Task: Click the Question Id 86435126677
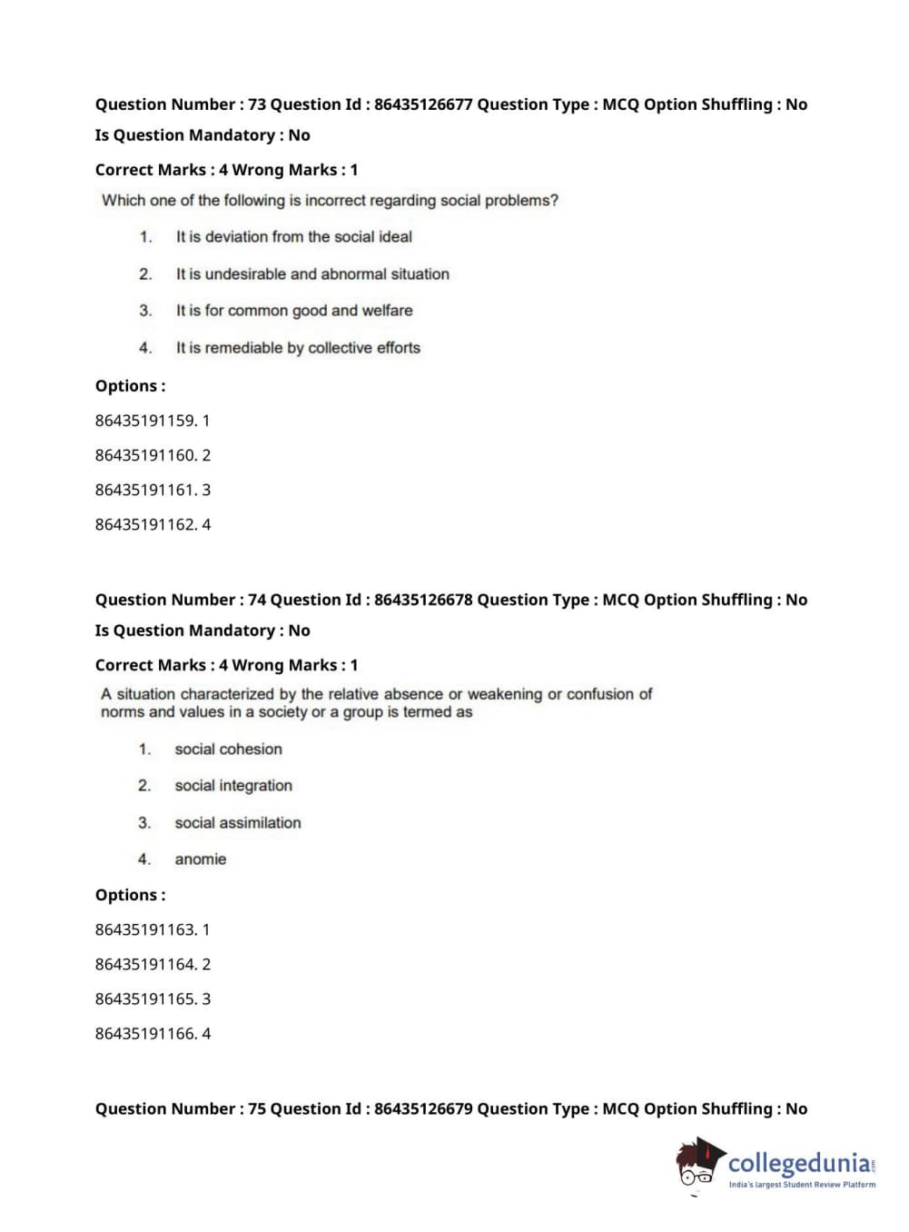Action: pos(423,104)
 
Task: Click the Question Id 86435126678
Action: pos(423,600)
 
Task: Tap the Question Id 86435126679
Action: pos(423,1108)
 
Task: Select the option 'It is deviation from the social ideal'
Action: pos(293,237)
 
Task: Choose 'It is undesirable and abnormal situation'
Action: pos(312,274)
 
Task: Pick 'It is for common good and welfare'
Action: pos(294,311)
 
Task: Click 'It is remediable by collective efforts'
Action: pos(298,348)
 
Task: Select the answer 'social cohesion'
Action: pos(228,750)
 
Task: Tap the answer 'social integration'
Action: pos(233,786)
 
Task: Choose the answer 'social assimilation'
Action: pos(238,823)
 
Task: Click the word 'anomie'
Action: pos(201,859)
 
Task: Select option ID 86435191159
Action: pos(145,421)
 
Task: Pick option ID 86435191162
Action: pos(145,524)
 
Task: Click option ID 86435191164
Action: pos(145,964)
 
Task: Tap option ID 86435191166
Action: pos(145,1033)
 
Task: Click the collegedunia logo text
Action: pos(798,1163)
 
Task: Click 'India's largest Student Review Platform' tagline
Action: pos(802,1185)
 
